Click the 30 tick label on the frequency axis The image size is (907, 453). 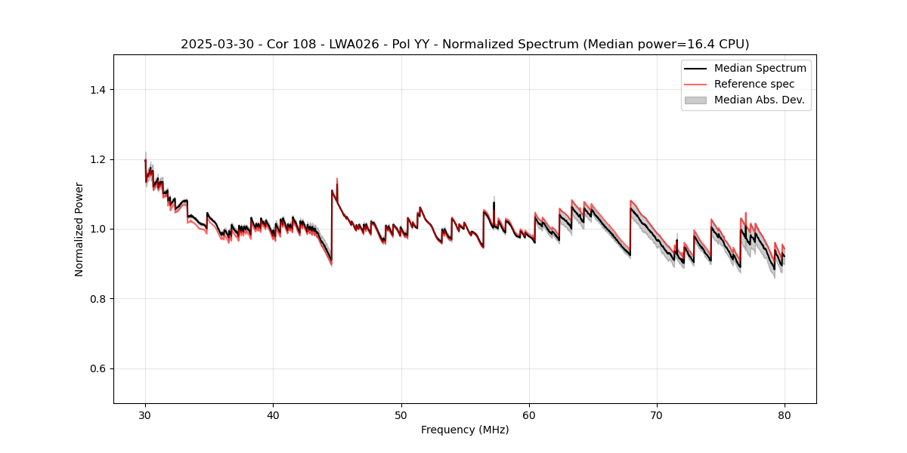pos(145,415)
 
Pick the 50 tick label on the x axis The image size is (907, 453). pos(401,415)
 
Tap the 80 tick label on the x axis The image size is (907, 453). pos(785,415)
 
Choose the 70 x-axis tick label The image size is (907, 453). pos(657,415)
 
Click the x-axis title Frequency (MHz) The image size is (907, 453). pos(465,430)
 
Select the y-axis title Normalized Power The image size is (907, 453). pos(79,229)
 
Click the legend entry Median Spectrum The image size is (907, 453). pos(760,68)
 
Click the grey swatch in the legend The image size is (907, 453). pos(695,100)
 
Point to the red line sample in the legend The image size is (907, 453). pos(695,84)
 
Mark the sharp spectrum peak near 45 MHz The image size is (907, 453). pos(336,179)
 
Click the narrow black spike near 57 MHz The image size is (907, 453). pos(494,202)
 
